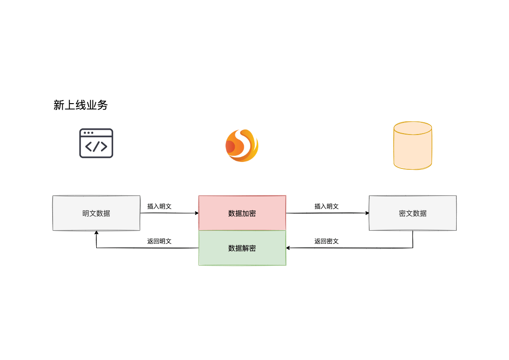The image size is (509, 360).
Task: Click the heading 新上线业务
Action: (81, 105)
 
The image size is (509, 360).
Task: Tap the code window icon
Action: (96, 143)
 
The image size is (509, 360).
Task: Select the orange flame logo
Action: (242, 145)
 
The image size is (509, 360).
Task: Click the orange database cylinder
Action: (412, 146)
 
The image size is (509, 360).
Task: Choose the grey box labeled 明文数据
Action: (96, 213)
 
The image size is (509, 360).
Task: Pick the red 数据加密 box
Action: (242, 213)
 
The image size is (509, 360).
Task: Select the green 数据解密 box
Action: (242, 248)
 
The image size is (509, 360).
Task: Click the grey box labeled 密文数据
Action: (412, 213)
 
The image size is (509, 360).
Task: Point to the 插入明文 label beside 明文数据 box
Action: (159, 206)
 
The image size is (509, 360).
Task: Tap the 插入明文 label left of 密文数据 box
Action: (327, 206)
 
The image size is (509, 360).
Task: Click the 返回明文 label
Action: (159, 241)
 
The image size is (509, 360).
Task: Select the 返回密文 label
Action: (327, 241)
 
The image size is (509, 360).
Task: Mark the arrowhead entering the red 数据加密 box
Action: (197, 213)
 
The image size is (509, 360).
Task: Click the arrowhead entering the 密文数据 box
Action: (367, 213)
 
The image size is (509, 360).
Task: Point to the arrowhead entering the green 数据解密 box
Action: (288, 248)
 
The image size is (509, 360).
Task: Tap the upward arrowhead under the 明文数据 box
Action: (96, 232)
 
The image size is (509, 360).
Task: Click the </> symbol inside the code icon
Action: (96, 147)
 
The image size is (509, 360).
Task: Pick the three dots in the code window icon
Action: (88, 133)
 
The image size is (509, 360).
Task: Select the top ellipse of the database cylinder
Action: (412, 128)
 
